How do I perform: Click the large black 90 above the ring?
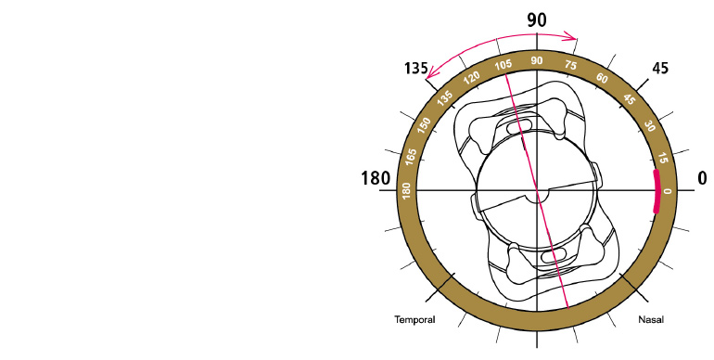tap(536, 20)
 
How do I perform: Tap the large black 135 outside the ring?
tap(415, 69)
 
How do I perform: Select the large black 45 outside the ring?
tap(660, 68)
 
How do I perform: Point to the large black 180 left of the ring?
tap(376, 178)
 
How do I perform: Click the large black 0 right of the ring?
tap(702, 178)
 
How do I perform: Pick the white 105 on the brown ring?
tap(504, 65)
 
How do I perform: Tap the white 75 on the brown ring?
tap(570, 65)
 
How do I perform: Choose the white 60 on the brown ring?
tap(602, 78)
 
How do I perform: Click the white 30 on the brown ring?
tap(650, 126)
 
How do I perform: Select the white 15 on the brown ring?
tap(663, 158)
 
